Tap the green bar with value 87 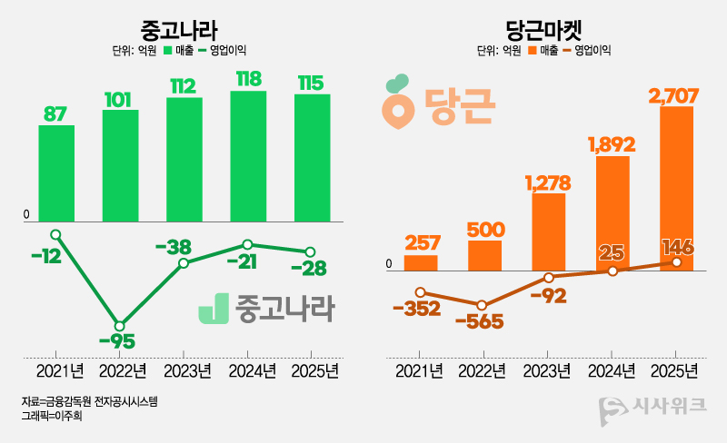[x=56, y=172]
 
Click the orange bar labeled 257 [x=421, y=262]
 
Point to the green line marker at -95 [x=120, y=325]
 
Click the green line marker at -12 [x=56, y=234]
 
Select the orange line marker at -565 [x=483, y=305]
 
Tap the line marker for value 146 [x=676, y=262]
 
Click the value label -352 [x=416, y=309]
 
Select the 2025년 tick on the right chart [x=674, y=371]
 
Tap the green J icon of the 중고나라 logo [x=214, y=309]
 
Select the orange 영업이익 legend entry [x=587, y=51]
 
